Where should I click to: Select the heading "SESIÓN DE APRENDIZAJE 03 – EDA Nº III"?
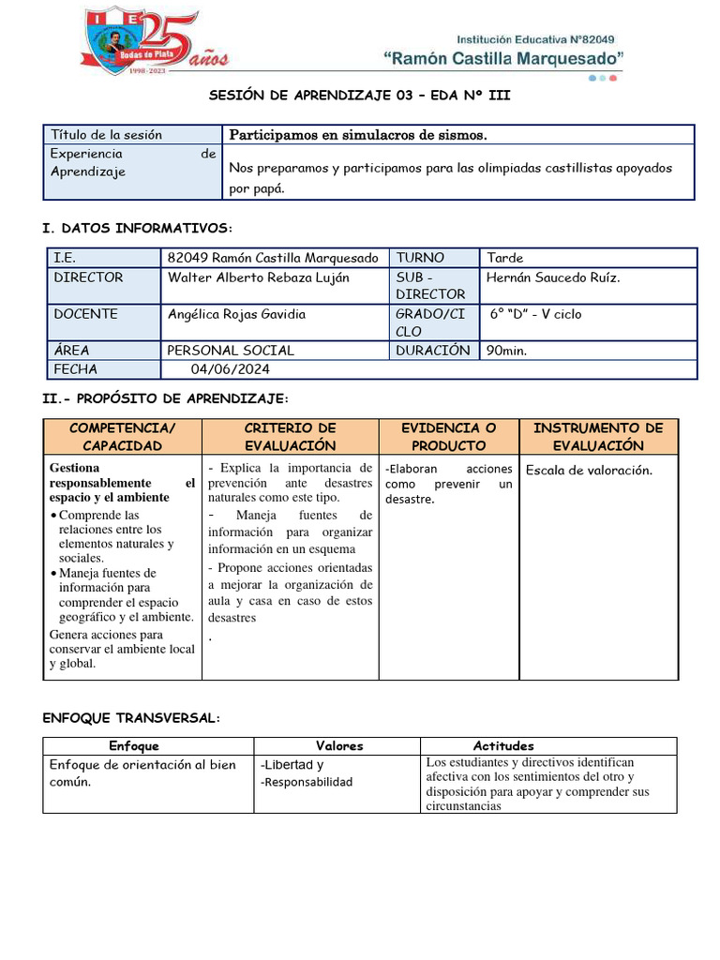(x=359, y=97)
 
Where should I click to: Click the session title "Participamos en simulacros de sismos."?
(x=358, y=135)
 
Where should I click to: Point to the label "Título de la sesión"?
(x=106, y=135)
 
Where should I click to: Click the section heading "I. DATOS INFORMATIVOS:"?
(x=137, y=228)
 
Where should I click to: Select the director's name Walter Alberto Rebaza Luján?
(x=258, y=277)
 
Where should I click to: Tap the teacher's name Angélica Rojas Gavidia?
(x=236, y=314)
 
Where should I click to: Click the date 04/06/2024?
(x=231, y=369)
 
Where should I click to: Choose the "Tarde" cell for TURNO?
(x=505, y=258)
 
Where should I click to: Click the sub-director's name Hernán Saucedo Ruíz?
(x=553, y=277)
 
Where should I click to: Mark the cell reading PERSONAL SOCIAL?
(x=231, y=351)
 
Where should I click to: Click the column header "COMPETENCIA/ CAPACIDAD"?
(x=122, y=437)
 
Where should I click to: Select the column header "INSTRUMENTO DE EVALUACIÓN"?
(x=597, y=437)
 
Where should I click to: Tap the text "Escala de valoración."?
(x=588, y=471)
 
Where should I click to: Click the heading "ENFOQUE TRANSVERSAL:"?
(x=131, y=718)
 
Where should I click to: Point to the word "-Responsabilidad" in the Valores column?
(x=307, y=782)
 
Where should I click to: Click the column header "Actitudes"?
(x=503, y=746)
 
